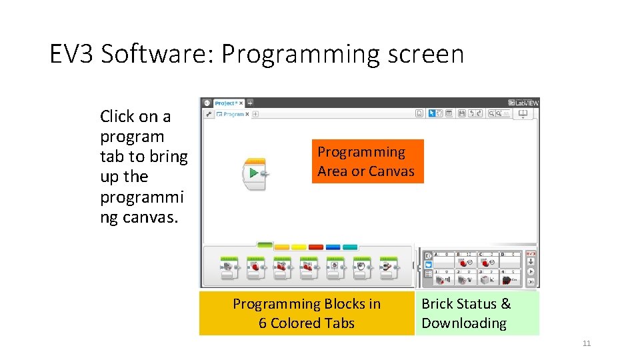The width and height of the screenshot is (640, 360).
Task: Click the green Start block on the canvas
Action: [253, 173]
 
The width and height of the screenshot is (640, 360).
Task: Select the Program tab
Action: [233, 114]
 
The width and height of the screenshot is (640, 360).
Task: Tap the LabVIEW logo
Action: [523, 103]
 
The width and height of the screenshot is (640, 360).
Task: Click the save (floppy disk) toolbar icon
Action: [461, 114]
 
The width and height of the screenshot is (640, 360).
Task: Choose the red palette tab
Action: [316, 247]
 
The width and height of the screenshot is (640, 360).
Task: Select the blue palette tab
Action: [333, 247]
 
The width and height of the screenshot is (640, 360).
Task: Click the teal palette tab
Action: [351, 247]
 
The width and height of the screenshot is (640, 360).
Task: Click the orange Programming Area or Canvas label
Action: [366, 161]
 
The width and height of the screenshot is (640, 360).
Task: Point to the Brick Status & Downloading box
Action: [477, 313]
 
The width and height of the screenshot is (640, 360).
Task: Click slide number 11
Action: [587, 343]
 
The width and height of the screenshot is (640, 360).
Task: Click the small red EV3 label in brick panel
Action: [531, 254]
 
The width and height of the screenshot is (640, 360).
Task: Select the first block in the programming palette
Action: [229, 266]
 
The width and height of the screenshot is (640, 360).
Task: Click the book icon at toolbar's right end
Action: [523, 114]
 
